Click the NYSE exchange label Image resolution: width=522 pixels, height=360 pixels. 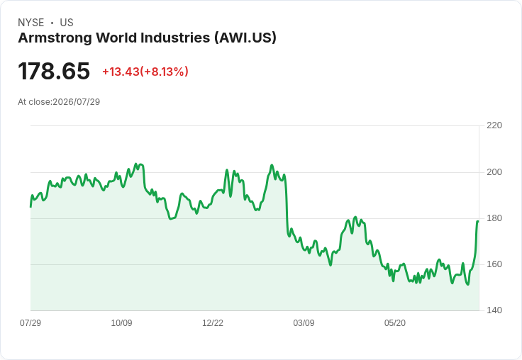point(31,23)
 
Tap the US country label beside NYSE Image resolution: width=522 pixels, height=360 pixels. point(67,23)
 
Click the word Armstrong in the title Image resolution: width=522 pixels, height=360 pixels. point(55,38)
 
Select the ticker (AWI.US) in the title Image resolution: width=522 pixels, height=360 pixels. point(245,38)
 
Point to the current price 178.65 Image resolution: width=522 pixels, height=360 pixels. point(54,71)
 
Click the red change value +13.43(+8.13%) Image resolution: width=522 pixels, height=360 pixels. point(145,72)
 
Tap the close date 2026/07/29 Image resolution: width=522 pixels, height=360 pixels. point(76,102)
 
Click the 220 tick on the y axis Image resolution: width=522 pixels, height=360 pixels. point(494,125)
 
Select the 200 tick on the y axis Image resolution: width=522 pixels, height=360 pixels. point(494,172)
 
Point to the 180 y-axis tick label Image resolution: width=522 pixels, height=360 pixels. point(494,218)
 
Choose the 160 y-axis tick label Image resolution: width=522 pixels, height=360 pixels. point(494,264)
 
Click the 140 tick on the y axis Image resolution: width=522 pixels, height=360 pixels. point(494,310)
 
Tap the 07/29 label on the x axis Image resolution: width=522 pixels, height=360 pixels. point(30,323)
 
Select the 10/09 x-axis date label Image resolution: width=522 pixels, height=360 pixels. point(121,323)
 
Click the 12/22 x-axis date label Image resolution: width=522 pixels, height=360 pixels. point(213,323)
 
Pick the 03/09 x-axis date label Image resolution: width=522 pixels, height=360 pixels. point(304,323)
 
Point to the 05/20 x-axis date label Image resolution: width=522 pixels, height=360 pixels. point(395,323)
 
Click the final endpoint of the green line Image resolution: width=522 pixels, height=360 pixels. point(479,221)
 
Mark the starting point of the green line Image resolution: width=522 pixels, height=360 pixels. point(30,207)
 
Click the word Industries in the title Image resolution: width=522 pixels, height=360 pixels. point(175,38)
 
